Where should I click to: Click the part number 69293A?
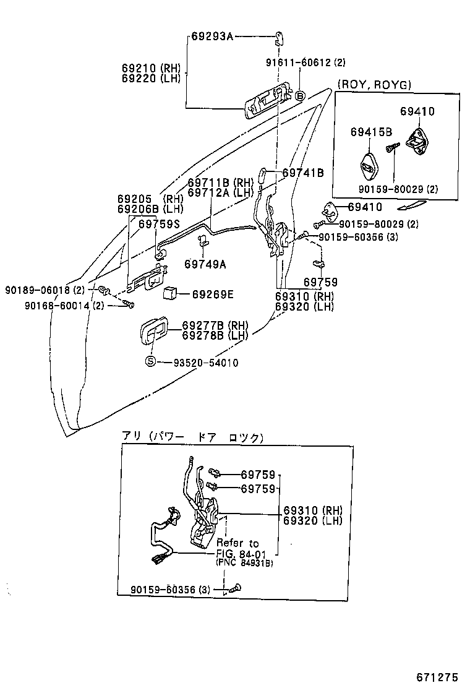pos(211,37)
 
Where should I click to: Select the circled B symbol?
pos(300,96)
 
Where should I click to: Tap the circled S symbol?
pos(150,363)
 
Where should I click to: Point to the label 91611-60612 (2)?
pos(305,62)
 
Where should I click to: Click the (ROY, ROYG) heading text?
pos(374,85)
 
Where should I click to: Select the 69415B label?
pos(371,132)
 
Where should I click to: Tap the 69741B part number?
pos(303,173)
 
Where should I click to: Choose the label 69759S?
pos(160,224)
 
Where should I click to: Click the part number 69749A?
pos(205,264)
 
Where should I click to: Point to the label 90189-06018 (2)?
pos(45,290)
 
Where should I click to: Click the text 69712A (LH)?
pos(221,192)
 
